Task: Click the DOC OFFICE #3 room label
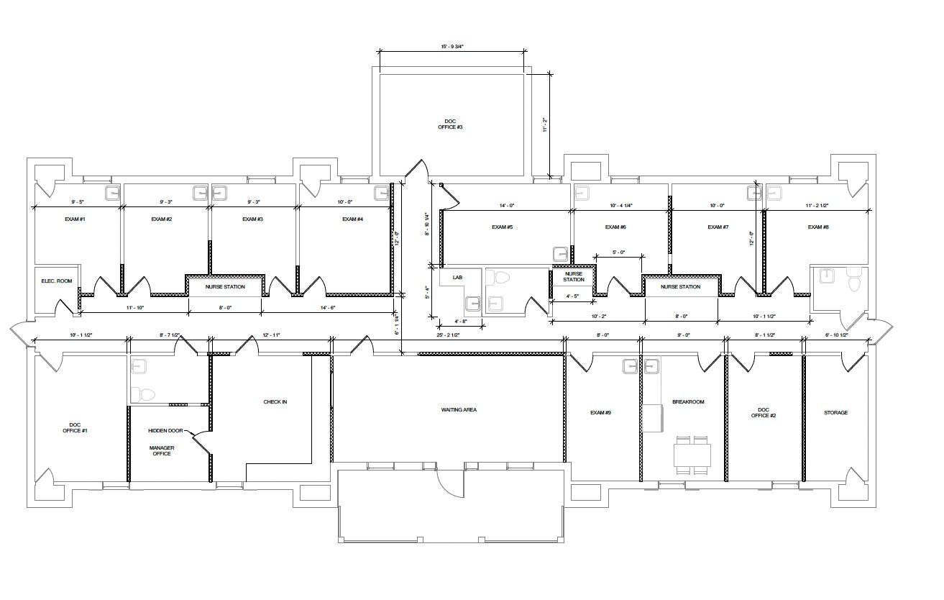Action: pos(450,124)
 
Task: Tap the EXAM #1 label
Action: pos(75,219)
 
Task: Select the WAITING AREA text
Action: pos(459,410)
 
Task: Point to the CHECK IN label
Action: pos(275,402)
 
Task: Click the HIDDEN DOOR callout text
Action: pos(165,431)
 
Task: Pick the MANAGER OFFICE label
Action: pos(162,451)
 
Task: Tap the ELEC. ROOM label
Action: pos(57,281)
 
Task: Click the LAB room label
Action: pos(458,278)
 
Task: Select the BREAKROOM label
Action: pos(688,402)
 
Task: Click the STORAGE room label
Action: pos(835,413)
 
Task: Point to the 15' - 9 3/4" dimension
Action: pos(452,46)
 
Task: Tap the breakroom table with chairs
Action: pos(692,455)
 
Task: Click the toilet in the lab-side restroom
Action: pos(498,278)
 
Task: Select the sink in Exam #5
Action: pos(560,254)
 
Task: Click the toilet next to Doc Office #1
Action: pos(143,395)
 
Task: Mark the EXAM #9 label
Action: pos(600,413)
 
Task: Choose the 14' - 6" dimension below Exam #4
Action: pos(327,308)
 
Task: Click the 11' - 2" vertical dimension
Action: pos(544,125)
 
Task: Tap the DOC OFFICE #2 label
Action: pos(764,412)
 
